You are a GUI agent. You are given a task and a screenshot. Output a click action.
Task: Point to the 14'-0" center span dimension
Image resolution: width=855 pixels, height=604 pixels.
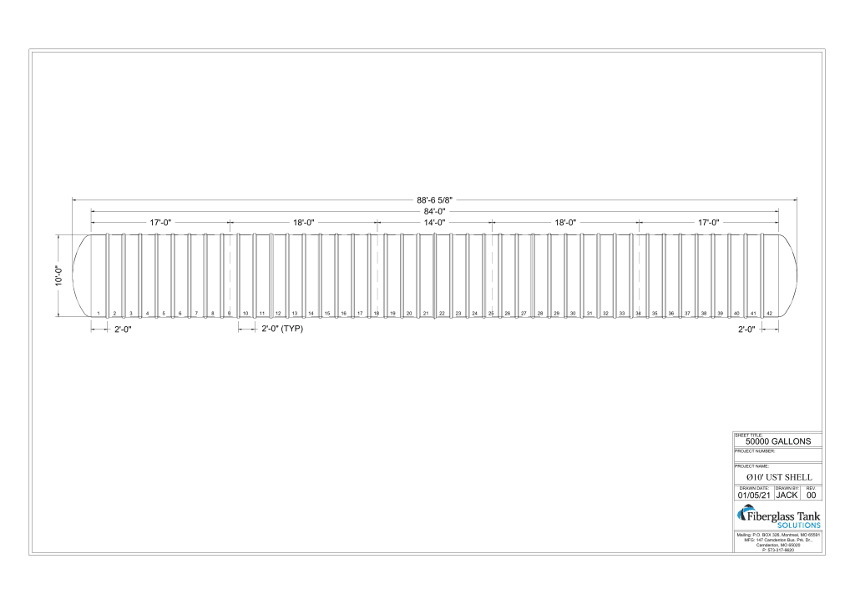click(434, 223)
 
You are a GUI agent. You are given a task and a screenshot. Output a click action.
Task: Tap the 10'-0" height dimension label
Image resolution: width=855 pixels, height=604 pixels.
click(58, 275)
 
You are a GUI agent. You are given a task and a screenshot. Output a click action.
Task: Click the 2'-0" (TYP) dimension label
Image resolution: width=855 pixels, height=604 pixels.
click(281, 330)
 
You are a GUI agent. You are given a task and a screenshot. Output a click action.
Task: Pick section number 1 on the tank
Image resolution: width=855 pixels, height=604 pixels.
click(99, 313)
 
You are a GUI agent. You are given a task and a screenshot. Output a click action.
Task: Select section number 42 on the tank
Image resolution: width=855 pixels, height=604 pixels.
click(769, 313)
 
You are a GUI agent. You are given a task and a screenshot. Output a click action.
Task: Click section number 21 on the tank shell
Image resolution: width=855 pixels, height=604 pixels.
click(426, 313)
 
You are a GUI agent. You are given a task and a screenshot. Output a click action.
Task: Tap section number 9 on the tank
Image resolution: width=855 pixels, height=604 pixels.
click(229, 313)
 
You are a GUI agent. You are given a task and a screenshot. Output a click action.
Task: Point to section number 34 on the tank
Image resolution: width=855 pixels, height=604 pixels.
click(638, 313)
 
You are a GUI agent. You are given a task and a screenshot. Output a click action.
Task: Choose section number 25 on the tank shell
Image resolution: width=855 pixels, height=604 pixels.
click(491, 313)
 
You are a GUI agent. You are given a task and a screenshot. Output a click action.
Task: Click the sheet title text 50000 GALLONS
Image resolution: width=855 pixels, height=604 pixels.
click(777, 441)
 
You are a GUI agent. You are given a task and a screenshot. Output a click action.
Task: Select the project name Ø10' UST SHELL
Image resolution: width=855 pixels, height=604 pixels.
click(777, 476)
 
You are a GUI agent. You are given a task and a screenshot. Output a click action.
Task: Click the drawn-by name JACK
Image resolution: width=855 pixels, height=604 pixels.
click(787, 495)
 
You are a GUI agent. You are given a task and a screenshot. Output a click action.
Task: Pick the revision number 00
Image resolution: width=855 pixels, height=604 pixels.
click(811, 495)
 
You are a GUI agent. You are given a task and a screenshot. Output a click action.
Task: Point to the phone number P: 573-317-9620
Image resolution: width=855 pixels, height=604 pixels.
click(777, 551)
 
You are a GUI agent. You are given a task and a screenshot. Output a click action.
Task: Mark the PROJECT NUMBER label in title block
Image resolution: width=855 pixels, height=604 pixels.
click(755, 451)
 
